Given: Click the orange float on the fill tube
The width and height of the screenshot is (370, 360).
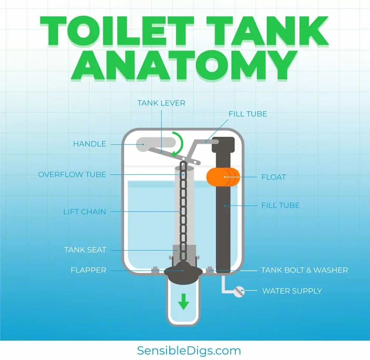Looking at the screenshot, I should click(223, 177).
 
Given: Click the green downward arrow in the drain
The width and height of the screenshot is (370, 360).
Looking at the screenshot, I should click(184, 301).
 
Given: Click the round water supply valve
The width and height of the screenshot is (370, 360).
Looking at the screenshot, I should click(239, 291).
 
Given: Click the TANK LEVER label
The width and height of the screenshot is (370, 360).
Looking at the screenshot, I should click(161, 103).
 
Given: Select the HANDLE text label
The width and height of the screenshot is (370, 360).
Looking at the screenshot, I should click(90, 144).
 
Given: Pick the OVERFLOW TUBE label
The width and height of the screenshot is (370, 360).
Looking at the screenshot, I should click(72, 174).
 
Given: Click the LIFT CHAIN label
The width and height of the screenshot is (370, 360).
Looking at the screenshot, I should click(85, 212).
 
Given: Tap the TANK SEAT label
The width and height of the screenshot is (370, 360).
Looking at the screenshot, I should click(85, 250).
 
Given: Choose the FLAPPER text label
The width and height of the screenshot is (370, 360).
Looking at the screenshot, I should click(88, 270).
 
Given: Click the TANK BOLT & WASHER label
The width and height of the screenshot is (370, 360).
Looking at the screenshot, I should click(305, 270).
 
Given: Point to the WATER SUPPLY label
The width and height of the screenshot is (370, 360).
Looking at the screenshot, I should click(292, 291).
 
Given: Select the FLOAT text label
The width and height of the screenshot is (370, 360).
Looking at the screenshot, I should click(273, 177).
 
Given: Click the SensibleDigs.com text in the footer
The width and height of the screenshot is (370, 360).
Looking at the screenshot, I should click(189, 350).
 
